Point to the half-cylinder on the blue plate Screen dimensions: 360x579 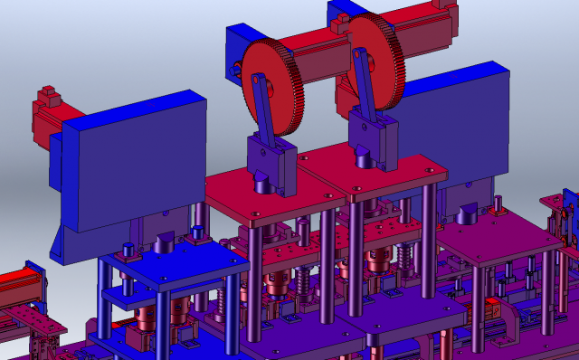(166, 242)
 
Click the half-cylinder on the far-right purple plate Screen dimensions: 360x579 (470, 213)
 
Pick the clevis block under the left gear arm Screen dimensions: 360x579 (268, 163)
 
